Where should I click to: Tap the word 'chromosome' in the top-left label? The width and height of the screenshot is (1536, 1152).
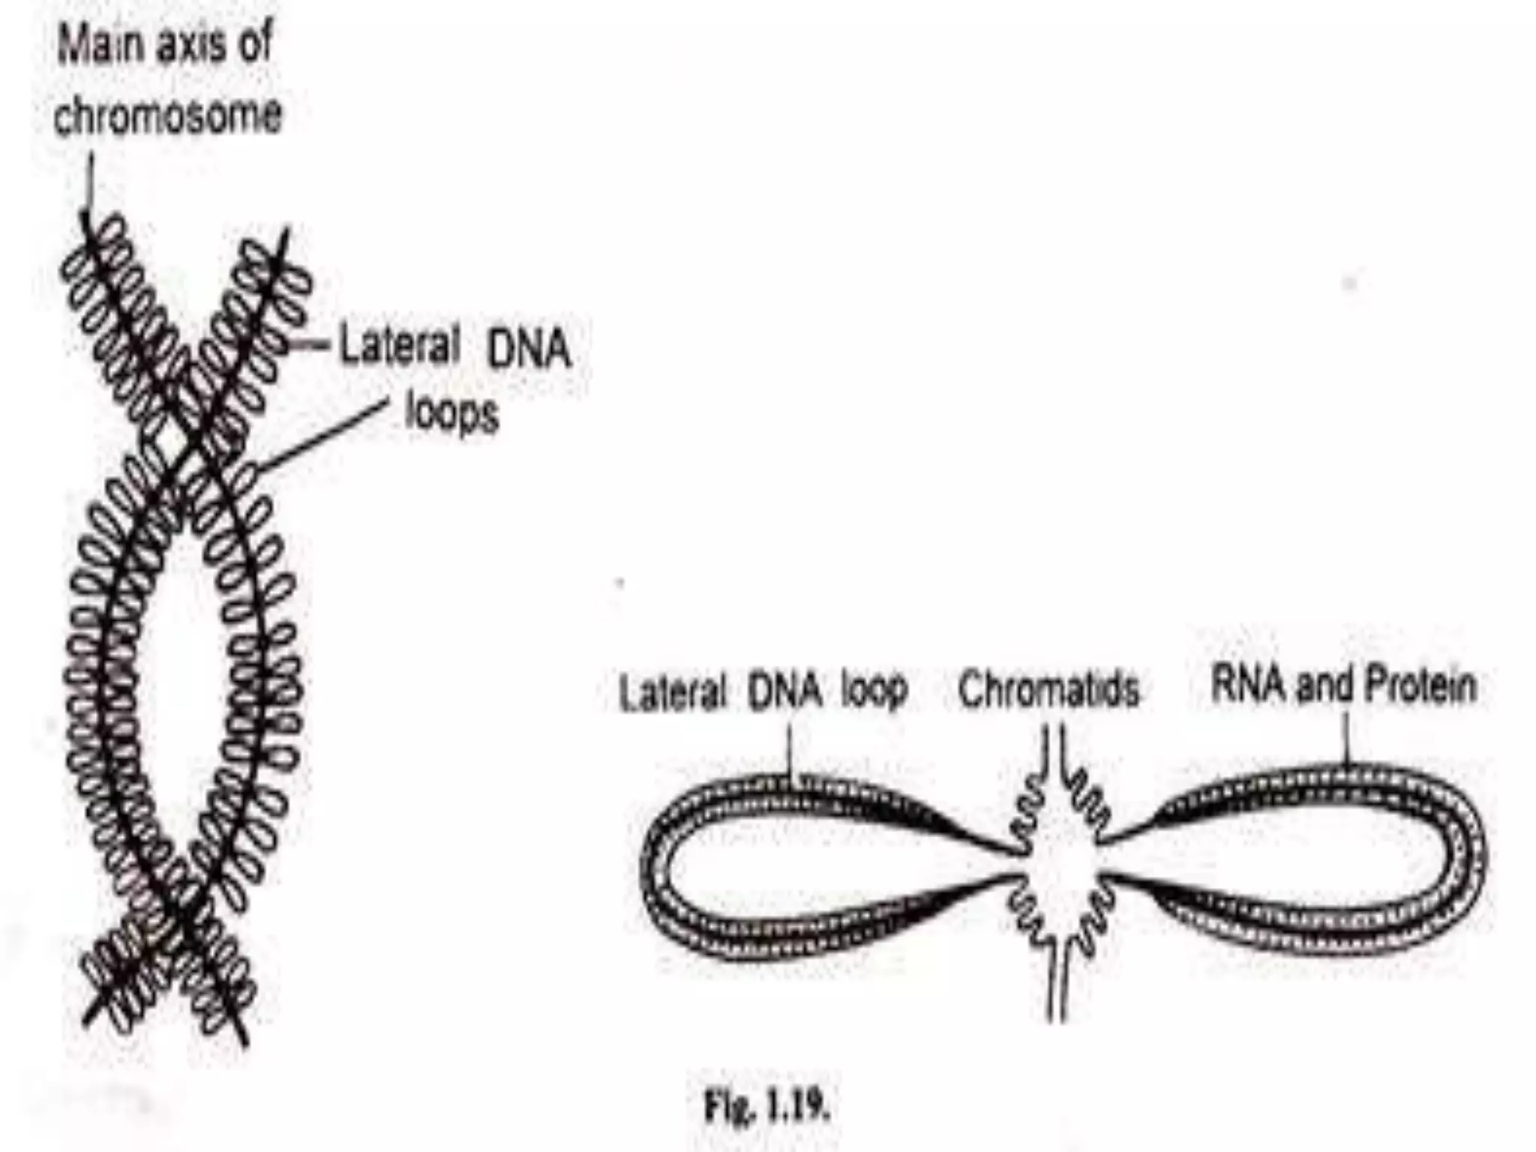(x=168, y=116)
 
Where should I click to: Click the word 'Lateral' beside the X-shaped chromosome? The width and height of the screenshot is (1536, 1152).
(x=399, y=346)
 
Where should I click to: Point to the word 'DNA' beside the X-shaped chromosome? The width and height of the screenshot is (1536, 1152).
(x=529, y=349)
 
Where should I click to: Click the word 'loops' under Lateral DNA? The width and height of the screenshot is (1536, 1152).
(x=451, y=414)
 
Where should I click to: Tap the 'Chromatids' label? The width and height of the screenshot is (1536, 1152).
(x=1048, y=688)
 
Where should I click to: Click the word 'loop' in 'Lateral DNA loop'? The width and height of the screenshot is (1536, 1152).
(x=874, y=688)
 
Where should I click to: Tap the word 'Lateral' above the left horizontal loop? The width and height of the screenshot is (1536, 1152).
(x=673, y=691)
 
